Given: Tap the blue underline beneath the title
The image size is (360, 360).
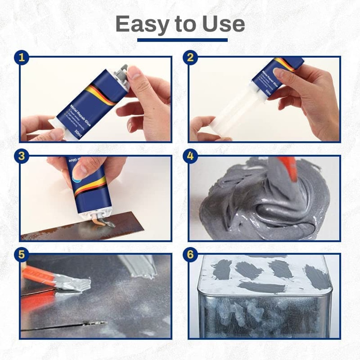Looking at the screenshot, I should pos(182,40).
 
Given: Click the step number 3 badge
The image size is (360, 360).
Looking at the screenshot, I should pos(22,156).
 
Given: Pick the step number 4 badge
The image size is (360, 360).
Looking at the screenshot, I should pos(190,156).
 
